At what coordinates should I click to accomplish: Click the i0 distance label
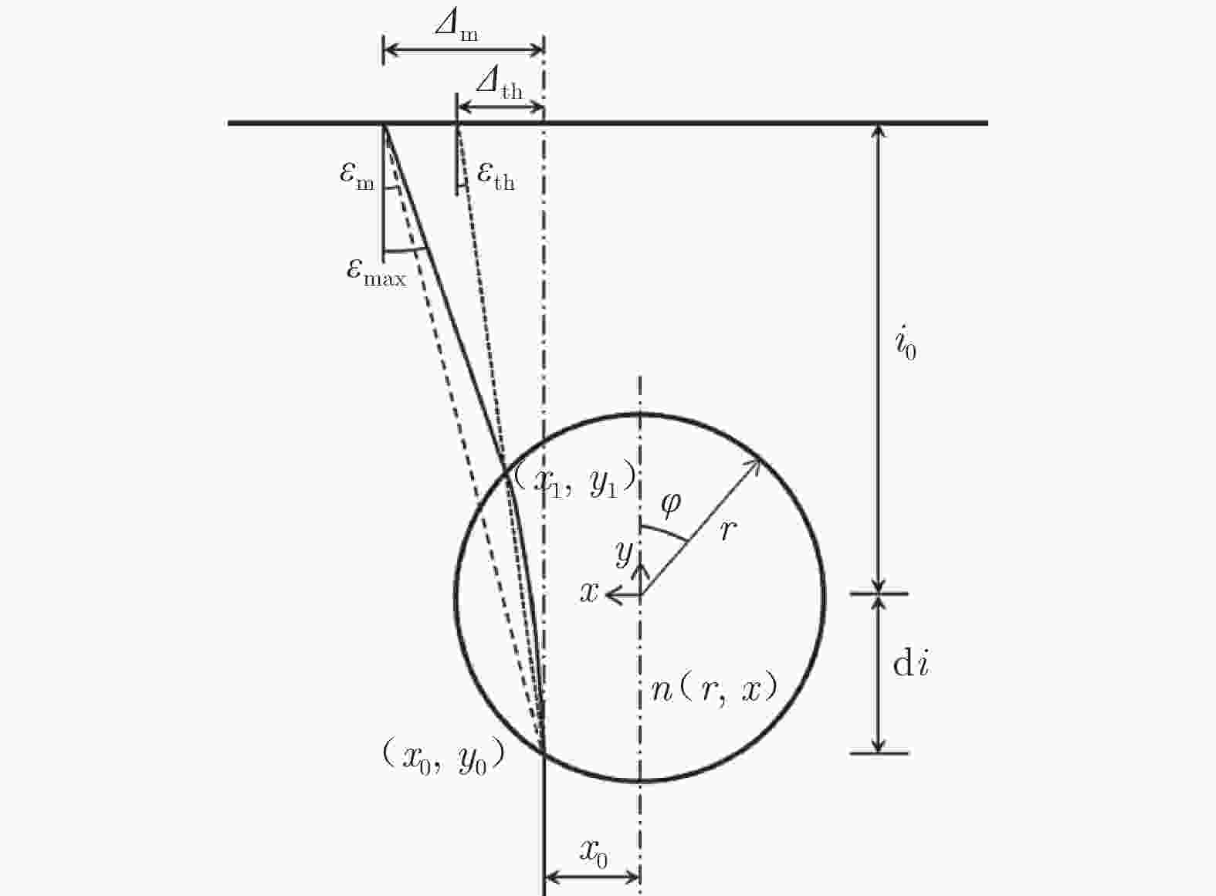pos(905,344)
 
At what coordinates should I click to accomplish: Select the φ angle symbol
pos(670,503)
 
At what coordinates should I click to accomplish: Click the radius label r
pos(727,530)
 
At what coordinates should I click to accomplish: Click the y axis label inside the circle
pos(623,552)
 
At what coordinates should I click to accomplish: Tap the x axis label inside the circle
pos(589,593)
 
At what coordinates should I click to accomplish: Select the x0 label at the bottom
pos(593,854)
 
